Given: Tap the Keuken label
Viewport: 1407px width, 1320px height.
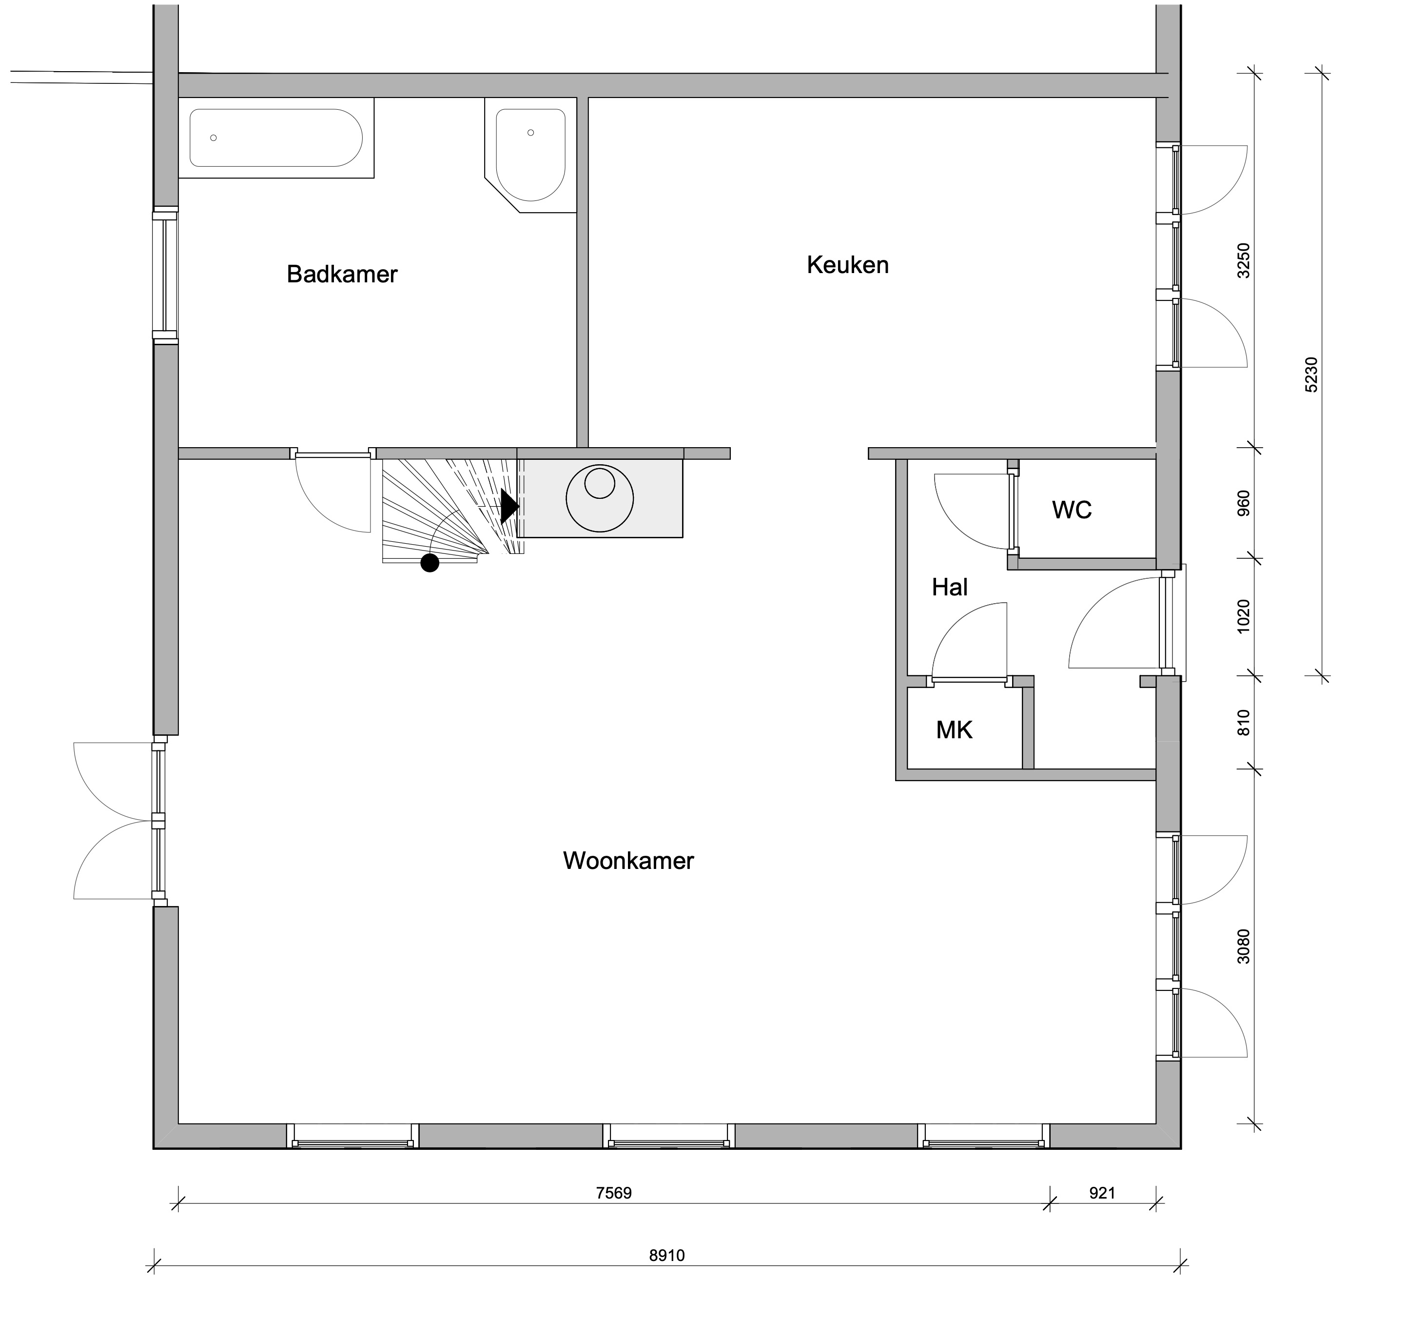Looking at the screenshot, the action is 847,265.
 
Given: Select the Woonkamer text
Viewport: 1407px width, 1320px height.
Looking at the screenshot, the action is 628,861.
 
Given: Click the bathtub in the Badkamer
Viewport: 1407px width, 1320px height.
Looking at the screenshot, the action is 276,138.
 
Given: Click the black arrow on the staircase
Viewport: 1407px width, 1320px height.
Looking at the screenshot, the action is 509,506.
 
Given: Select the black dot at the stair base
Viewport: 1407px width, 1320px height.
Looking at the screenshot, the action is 430,563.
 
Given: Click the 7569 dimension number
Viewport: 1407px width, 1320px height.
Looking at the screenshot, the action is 614,1193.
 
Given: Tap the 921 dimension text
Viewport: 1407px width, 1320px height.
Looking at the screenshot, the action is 1102,1193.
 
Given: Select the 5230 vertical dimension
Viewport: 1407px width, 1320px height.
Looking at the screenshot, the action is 1311,375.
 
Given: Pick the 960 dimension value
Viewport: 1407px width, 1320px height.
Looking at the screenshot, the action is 1244,503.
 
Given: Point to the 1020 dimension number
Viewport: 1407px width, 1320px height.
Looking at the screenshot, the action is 1244,616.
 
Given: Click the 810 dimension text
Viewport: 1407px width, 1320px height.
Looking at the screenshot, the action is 1244,723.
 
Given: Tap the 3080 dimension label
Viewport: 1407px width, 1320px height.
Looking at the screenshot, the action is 1244,946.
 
